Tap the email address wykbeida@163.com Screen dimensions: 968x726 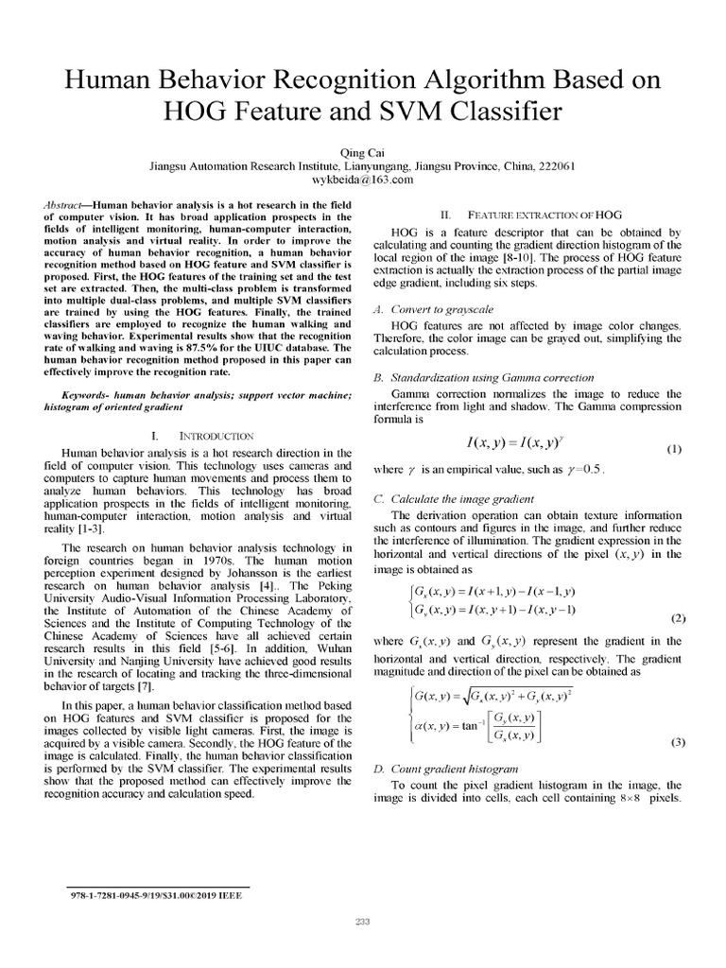pyautogui.click(x=363, y=179)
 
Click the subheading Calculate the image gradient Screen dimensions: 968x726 pyautogui.click(x=455, y=497)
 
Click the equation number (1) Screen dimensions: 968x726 pyautogui.click(x=673, y=449)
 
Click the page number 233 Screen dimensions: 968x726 pyautogui.click(x=363, y=921)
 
